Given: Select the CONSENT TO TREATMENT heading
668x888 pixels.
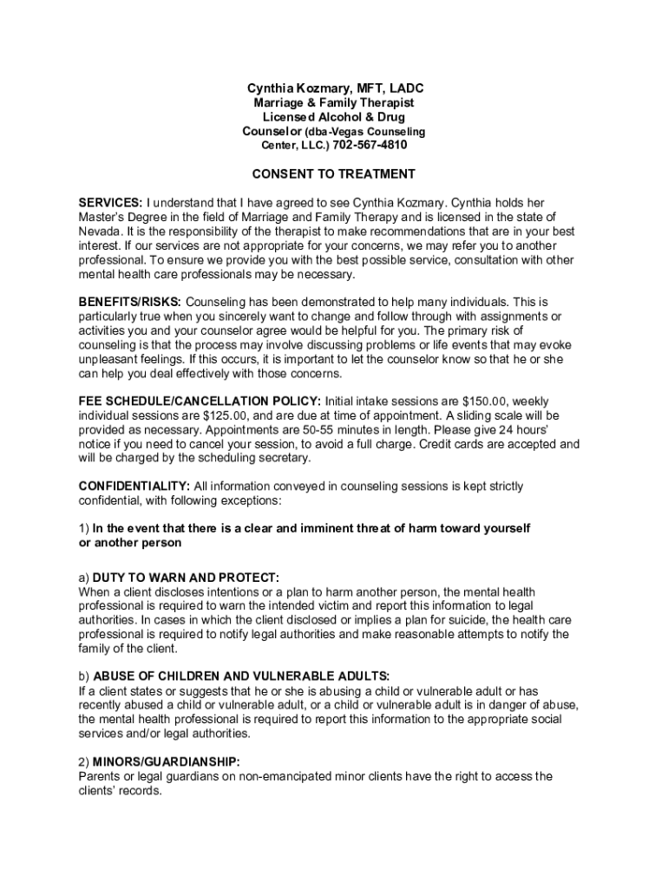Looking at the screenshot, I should click(328, 173).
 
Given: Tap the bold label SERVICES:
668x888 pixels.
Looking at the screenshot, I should click(110, 202).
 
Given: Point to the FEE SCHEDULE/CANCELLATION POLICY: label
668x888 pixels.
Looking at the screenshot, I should click(200, 402).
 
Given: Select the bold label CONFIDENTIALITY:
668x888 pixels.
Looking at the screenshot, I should click(134, 486).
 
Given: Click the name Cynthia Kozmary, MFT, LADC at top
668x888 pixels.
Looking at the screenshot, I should click(335, 88).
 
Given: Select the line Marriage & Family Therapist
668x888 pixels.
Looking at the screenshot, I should click(334, 103).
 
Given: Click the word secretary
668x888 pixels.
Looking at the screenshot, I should click(282, 458).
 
